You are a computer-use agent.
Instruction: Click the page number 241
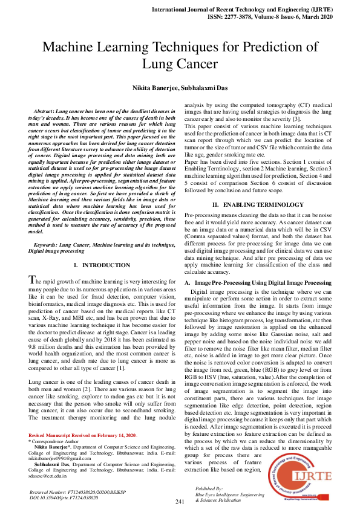coord(180,502)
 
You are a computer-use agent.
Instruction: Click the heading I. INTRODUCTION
coord(101,265)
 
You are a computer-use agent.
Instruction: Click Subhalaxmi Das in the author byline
coord(204,88)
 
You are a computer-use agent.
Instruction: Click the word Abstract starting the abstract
coord(45,113)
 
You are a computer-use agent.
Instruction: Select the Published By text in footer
coord(209,487)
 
